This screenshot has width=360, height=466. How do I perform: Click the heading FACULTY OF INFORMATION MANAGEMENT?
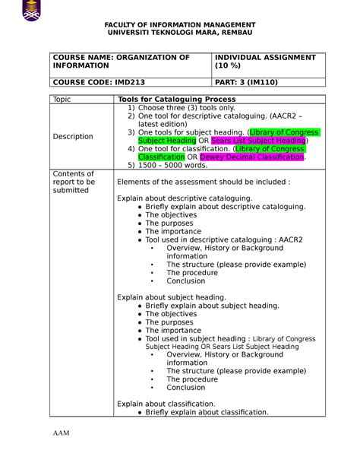(180, 25)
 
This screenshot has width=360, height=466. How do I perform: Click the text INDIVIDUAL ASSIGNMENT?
(266, 57)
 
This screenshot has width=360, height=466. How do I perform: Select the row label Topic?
(62, 100)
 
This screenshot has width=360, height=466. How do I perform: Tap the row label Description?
(74, 137)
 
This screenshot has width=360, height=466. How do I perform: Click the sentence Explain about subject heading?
(172, 296)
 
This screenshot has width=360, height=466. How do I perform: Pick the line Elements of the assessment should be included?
(203, 182)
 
